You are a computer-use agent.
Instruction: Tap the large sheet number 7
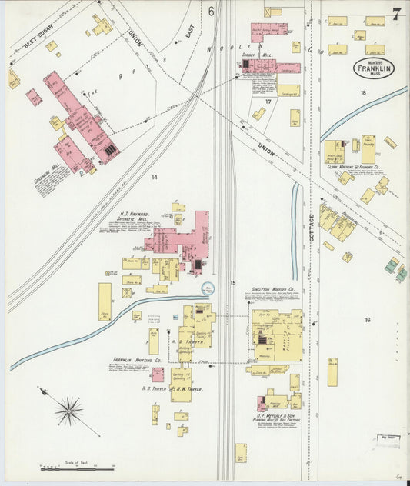click(395, 14)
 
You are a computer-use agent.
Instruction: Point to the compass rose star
click(68, 411)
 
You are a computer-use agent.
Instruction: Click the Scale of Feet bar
click(77, 467)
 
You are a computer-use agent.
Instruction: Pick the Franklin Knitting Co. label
click(137, 360)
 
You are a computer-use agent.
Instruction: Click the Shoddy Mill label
click(258, 55)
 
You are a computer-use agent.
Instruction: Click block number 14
click(154, 178)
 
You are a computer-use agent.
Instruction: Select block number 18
click(362, 92)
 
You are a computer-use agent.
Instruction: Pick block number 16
click(368, 319)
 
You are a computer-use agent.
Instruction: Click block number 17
click(268, 102)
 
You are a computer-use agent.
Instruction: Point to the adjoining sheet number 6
click(211, 11)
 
